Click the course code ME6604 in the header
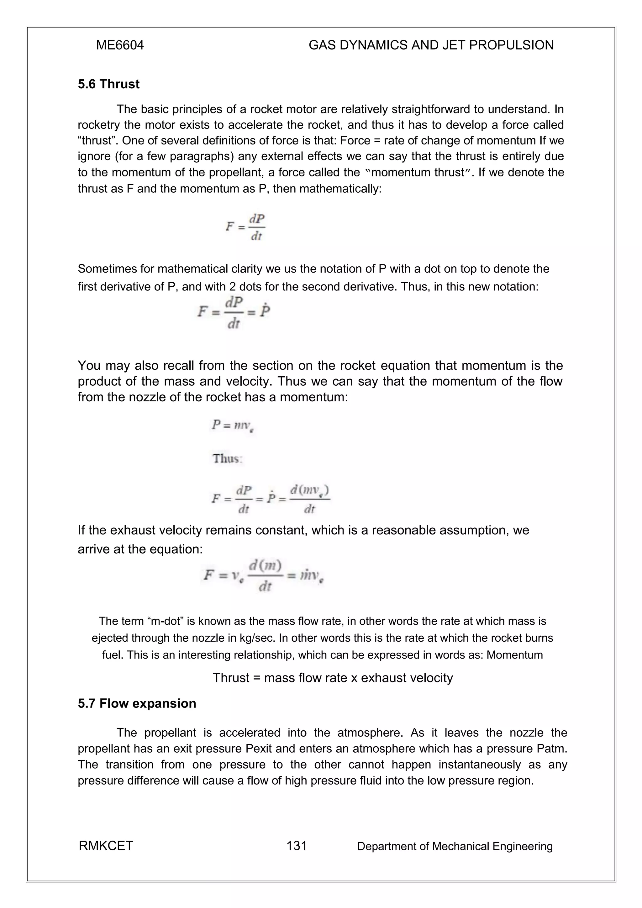click(x=120, y=45)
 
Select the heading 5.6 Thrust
click(x=108, y=84)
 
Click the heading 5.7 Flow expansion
click(x=137, y=703)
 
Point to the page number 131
click(x=296, y=846)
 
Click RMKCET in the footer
click(x=106, y=846)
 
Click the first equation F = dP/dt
click(x=245, y=227)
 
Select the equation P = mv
click(x=232, y=425)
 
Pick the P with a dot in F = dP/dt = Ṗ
click(x=265, y=311)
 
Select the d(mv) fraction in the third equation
click(x=310, y=499)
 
